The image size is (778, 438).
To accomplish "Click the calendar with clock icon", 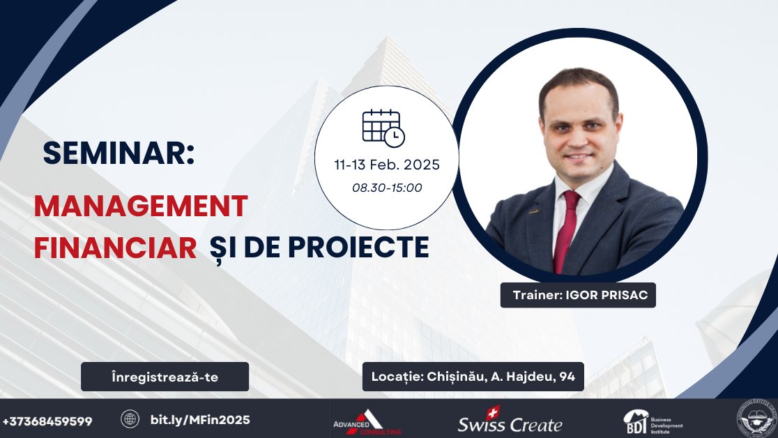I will click(383, 128).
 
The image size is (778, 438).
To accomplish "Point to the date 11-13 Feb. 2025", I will click(387, 166).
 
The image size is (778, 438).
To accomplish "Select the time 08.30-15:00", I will click(387, 188).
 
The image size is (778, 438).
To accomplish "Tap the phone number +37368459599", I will click(47, 421).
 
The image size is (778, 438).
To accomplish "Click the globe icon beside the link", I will click(130, 419).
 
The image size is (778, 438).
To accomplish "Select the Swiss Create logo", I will click(510, 423).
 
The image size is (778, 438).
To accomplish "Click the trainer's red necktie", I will click(566, 230).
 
